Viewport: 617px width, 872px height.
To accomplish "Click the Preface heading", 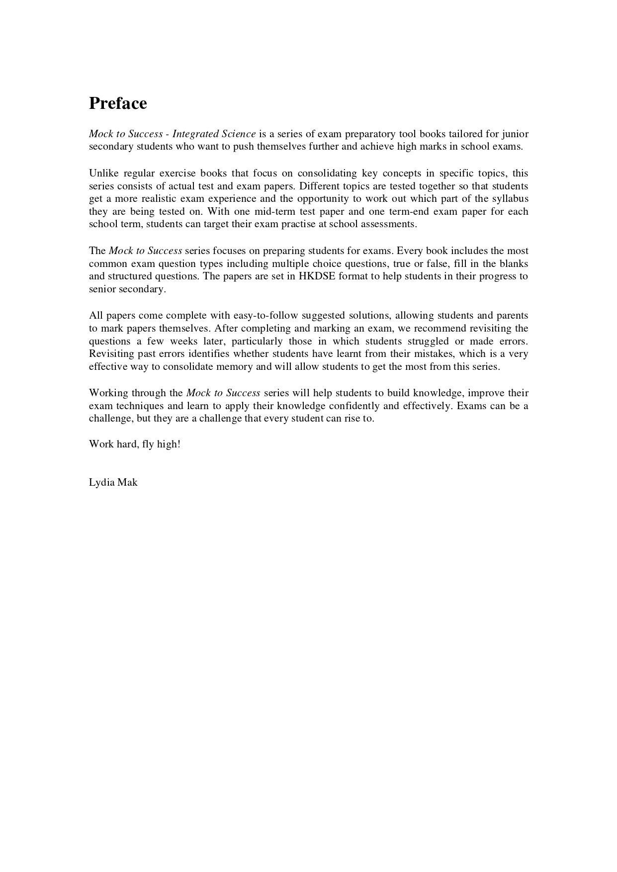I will pyautogui.click(x=118, y=103).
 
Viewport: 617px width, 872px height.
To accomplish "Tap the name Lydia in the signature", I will pyautogui.click(x=101, y=482).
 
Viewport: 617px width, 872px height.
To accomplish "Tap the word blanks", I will pyautogui.click(x=514, y=263).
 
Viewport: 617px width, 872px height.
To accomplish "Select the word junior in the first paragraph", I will pyautogui.click(x=515, y=134).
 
